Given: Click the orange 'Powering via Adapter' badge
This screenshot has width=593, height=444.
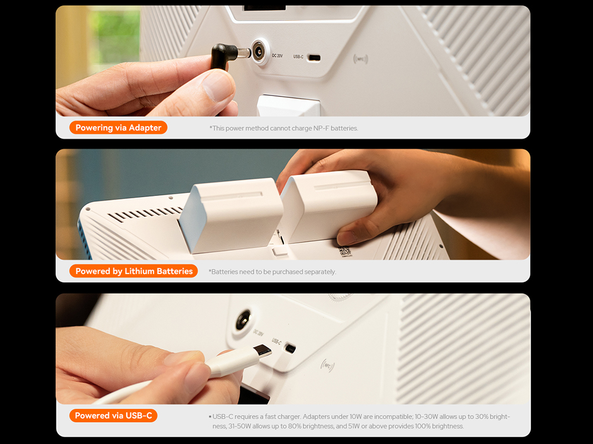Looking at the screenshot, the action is [x=118, y=128].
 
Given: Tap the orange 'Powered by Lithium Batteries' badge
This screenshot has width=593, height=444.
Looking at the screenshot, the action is [x=134, y=271].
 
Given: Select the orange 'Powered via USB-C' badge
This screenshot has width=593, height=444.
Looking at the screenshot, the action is [x=113, y=416].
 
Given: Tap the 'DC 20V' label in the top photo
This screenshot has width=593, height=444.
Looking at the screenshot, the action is [x=277, y=55].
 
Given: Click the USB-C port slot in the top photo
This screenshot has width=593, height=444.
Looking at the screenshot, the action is [x=314, y=58].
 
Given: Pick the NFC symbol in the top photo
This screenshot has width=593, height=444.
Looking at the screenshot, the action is [x=360, y=59].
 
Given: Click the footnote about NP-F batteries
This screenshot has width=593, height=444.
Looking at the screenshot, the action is [x=284, y=128].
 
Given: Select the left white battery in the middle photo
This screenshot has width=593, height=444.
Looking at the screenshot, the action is [x=232, y=214].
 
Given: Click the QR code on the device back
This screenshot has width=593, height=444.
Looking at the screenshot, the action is [x=344, y=251].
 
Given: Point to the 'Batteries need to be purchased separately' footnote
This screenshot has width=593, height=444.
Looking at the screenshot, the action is [x=272, y=272].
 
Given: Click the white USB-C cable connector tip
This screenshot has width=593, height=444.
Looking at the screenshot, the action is [x=262, y=351].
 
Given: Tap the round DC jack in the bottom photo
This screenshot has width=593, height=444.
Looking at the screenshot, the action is [x=243, y=321].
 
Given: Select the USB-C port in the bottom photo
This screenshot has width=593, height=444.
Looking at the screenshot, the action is [x=290, y=347].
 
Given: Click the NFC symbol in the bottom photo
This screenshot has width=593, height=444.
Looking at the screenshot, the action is [x=328, y=365].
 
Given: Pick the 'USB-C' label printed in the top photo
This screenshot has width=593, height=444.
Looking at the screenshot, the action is [x=298, y=57].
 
